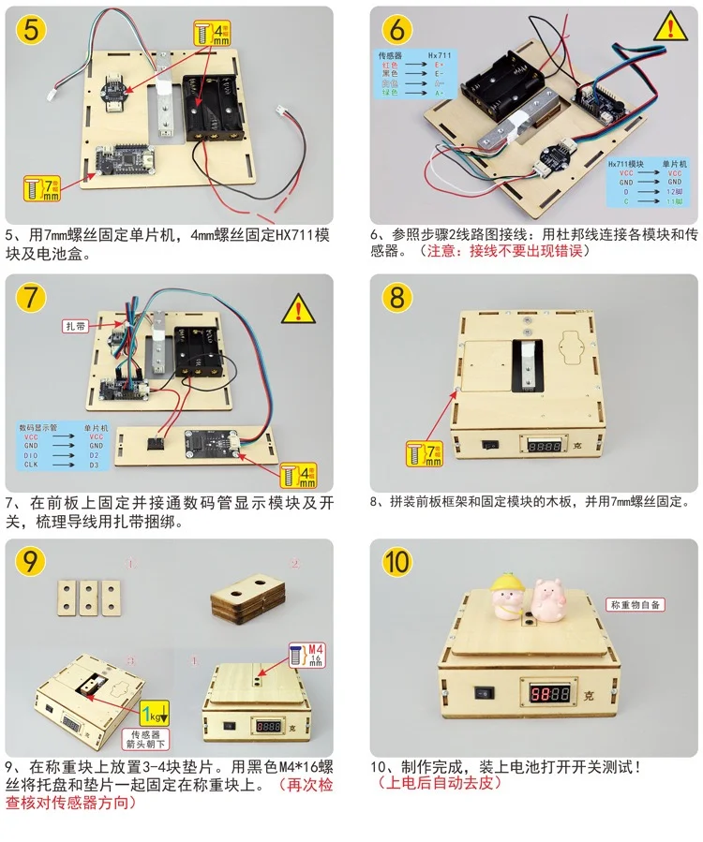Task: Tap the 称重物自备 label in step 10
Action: [636, 605]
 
